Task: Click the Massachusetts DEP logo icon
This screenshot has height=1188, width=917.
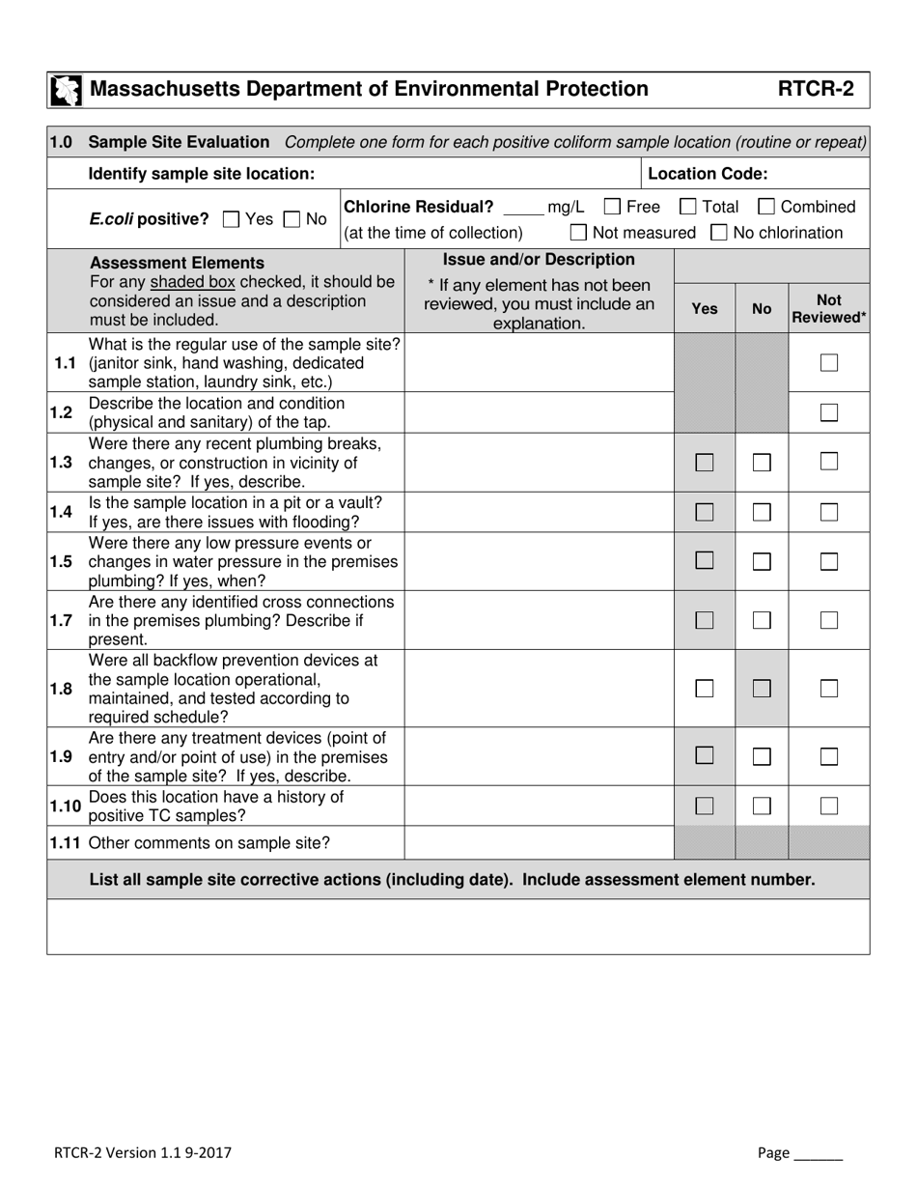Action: [x=66, y=91]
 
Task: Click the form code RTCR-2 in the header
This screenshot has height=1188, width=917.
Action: [x=816, y=90]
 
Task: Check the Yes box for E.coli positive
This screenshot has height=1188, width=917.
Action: [x=231, y=219]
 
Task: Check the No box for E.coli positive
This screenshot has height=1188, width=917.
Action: [x=292, y=219]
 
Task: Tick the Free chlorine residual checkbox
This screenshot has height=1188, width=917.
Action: [x=612, y=206]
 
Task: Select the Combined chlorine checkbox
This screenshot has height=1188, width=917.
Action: [x=766, y=206]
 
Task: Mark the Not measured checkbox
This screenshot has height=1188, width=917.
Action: [x=578, y=232]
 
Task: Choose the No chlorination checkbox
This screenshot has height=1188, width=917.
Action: [x=719, y=232]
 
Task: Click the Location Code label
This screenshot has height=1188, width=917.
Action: [x=708, y=174]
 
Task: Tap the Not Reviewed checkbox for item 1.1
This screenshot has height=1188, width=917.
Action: [x=828, y=363]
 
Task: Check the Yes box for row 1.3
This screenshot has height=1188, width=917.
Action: [x=705, y=463]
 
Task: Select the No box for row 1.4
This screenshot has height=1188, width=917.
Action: [x=762, y=512]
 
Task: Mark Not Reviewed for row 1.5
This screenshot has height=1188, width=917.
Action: [x=828, y=561]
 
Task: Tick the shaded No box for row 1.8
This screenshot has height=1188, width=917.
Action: [x=762, y=689]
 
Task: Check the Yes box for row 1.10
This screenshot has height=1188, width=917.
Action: [x=705, y=806]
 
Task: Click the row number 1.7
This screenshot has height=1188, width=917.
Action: [x=62, y=620]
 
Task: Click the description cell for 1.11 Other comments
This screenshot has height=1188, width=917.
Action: [x=538, y=843]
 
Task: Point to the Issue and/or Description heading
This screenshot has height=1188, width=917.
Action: [x=539, y=260]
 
